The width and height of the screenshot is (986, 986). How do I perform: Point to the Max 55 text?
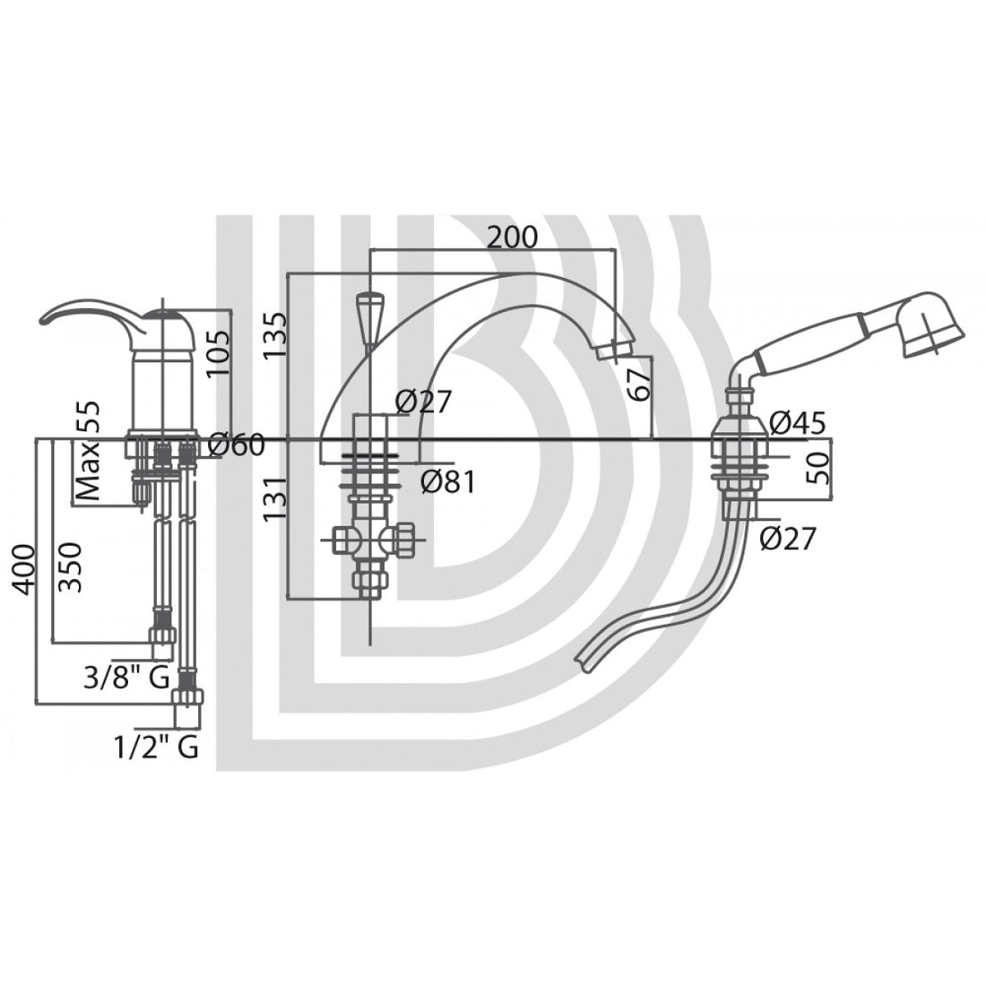[88, 449]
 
